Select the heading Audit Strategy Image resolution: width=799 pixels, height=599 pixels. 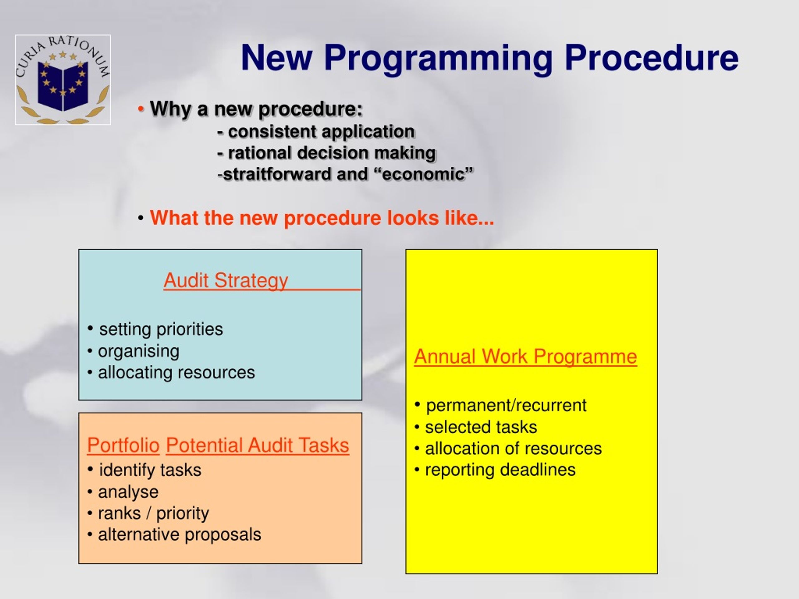[226, 281]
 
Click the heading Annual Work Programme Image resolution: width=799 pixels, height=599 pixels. [526, 357]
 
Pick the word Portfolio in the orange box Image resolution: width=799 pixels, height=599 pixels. [123, 445]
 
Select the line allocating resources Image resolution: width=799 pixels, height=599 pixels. [176, 373]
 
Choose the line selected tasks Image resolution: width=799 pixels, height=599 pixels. [481, 427]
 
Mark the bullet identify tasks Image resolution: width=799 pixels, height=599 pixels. [150, 470]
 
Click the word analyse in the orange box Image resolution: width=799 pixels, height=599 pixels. [128, 492]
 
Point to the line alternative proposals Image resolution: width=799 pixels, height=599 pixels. [179, 535]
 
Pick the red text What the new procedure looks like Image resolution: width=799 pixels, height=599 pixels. [322, 218]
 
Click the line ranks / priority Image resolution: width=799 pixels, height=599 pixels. [154, 514]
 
